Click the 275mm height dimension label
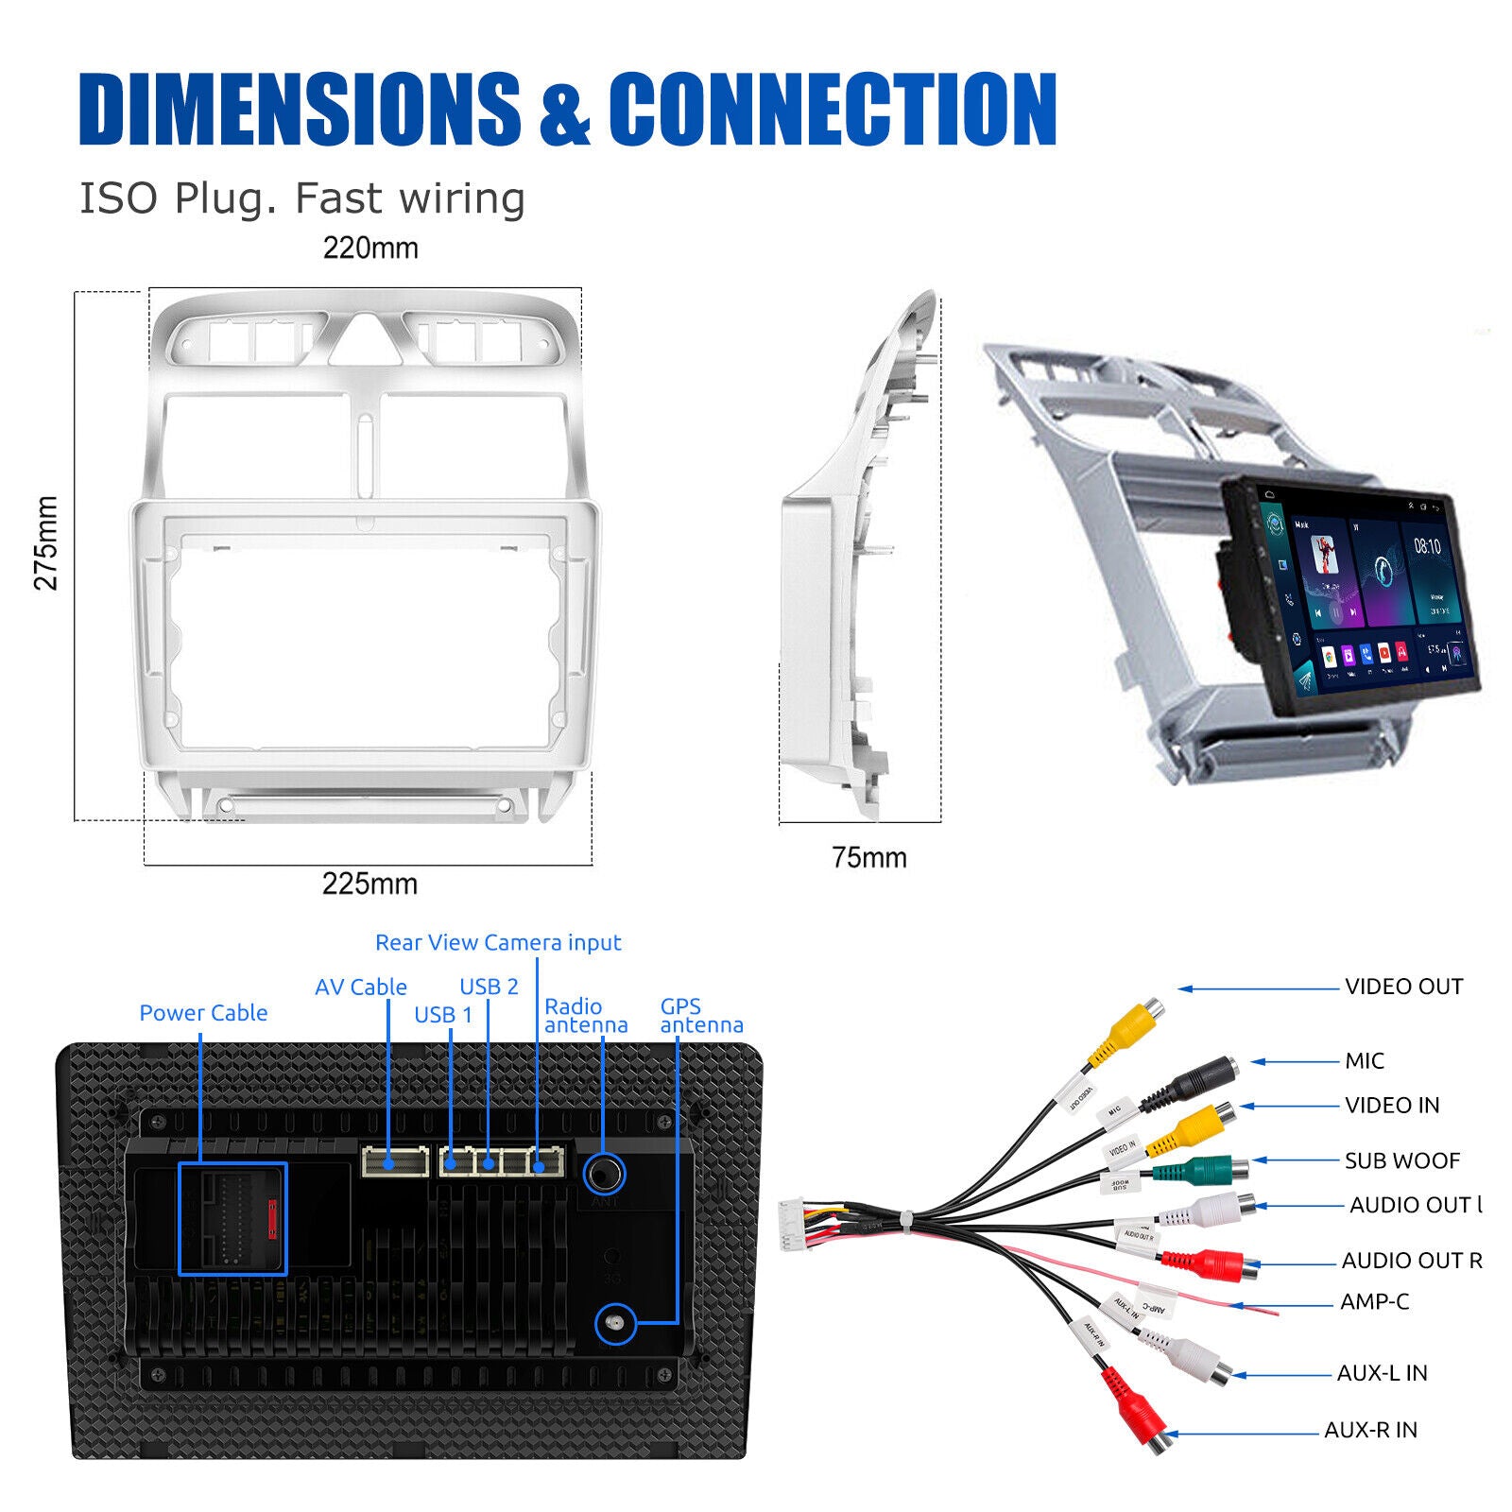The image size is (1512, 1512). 45,543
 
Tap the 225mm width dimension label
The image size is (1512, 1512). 369,885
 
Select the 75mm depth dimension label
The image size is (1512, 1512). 868,858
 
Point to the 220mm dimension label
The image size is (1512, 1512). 370,249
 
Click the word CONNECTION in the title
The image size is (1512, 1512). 832,110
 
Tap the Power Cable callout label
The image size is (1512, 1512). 203,1013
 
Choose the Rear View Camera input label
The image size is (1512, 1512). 498,943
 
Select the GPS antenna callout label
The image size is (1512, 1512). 701,1016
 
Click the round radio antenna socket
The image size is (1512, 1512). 603,1175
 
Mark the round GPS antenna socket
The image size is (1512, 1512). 615,1323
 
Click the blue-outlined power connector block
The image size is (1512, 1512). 232,1219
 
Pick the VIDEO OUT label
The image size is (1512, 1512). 1403,987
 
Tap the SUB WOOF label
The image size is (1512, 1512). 1401,1160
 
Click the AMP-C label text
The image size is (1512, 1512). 1374,1302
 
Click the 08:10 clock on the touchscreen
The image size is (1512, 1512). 1427,546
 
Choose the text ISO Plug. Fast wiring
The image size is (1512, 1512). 301,198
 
